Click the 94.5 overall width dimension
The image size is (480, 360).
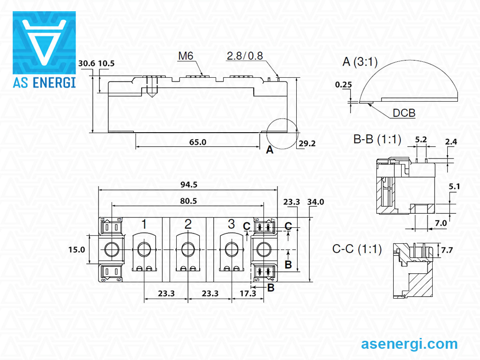[188, 184]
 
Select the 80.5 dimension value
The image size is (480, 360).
[188, 201]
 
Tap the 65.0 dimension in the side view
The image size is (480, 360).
[197, 142]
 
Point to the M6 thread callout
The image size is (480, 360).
[186, 56]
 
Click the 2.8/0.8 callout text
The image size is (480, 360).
[245, 56]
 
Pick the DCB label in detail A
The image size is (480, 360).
[404, 113]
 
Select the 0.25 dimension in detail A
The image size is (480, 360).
[344, 85]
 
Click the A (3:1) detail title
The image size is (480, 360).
[360, 62]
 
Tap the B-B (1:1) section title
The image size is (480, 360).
[377, 140]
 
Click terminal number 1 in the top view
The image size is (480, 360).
[144, 224]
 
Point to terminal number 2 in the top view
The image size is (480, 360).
[188, 224]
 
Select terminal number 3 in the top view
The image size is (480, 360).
[231, 224]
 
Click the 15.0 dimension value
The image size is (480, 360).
[76, 249]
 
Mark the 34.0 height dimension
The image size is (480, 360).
[315, 202]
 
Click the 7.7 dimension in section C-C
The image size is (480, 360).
[447, 250]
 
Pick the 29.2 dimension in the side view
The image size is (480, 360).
[307, 143]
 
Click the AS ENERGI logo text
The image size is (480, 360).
[44, 82]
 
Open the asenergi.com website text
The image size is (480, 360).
[409, 344]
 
